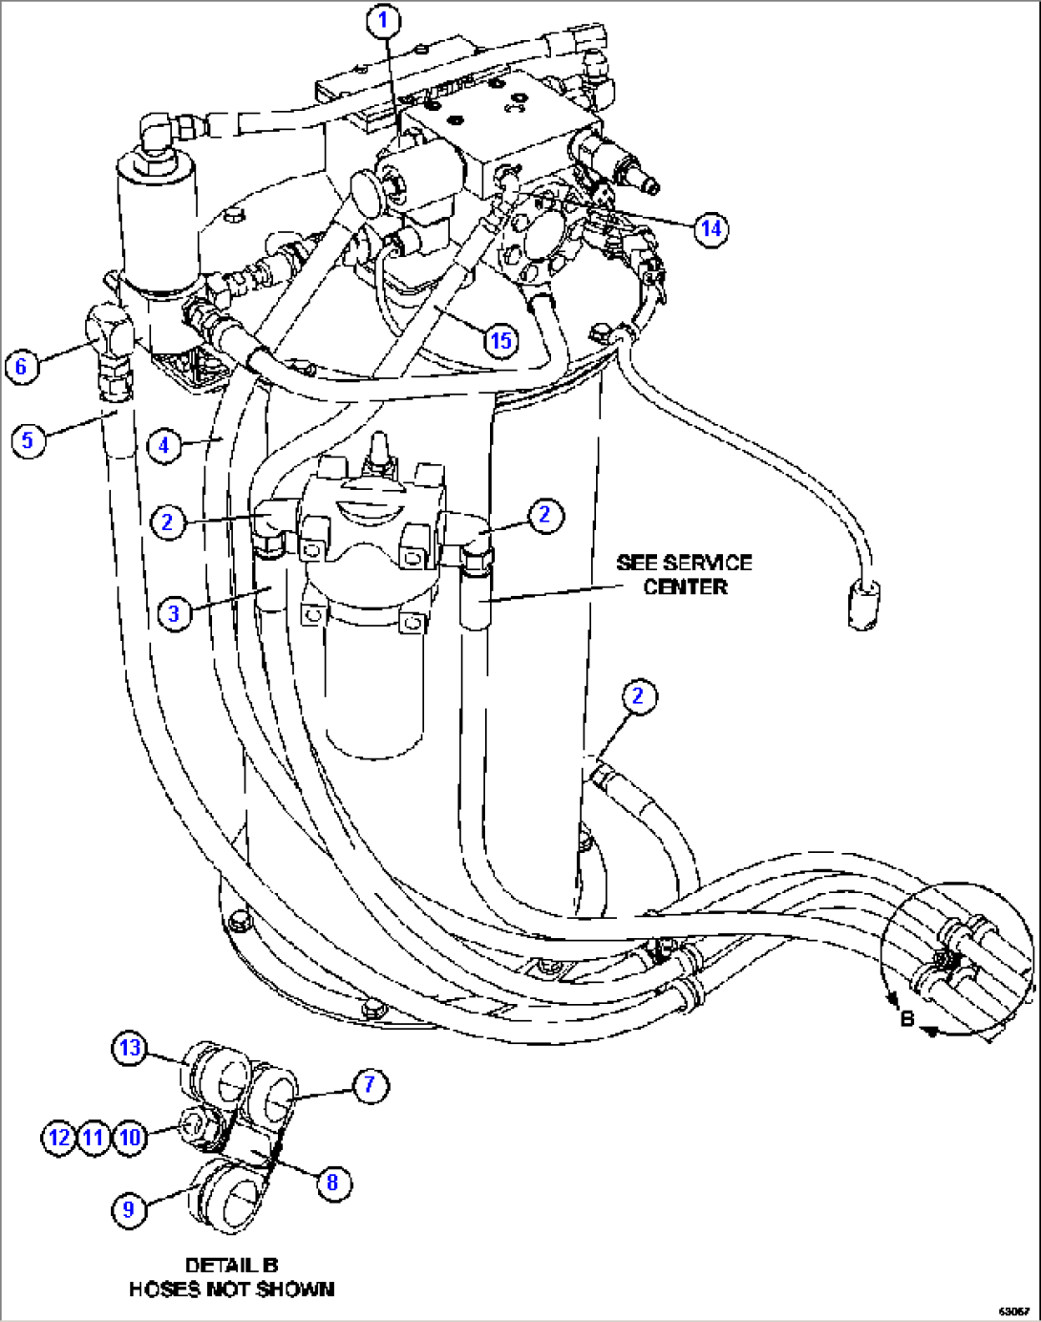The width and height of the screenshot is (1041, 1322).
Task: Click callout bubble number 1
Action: pos(384,20)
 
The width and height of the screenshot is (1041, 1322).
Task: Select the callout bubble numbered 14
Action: pos(711,228)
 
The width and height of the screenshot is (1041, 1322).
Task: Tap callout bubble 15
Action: pos(500,340)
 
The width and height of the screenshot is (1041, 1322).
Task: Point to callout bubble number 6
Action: pos(22,367)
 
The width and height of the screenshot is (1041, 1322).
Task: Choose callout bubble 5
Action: pos(28,440)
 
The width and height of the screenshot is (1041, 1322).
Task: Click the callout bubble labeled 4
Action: pos(164,445)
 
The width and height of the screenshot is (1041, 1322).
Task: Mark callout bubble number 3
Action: pos(174,613)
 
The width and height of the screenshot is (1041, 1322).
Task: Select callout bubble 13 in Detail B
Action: pos(130,1048)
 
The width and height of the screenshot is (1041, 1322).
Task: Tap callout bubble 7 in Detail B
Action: pos(370,1085)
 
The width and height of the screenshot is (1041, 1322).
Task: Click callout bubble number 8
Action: pos(332,1183)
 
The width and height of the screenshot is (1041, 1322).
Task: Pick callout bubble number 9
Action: pos(129,1209)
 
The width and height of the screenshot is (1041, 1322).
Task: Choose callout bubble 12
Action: pos(59,1138)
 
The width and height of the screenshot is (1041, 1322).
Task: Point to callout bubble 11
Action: pos(94,1138)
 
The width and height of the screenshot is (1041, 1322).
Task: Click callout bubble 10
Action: pos(129,1138)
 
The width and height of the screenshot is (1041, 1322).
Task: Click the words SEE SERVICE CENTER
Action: pos(684,574)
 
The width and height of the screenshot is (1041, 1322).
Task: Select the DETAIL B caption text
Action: pos(231,1265)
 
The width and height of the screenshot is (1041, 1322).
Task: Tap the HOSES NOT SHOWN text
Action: pos(231,1290)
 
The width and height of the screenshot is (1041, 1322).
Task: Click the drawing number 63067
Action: pos(1013,1311)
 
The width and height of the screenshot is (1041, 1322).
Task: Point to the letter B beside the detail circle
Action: pos(907,1018)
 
